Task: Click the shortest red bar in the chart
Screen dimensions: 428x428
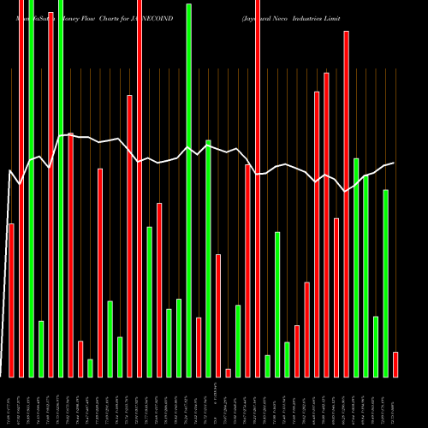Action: click(229, 372)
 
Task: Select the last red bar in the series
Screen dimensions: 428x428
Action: click(395, 364)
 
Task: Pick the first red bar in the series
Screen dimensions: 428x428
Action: click(11, 300)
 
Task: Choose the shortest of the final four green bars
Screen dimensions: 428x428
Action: click(376, 347)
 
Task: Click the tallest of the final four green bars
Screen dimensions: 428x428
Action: click(356, 267)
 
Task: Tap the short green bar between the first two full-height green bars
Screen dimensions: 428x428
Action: click(41, 348)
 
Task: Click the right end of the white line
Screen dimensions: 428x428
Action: click(394, 163)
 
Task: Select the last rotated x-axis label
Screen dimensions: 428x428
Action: click(395, 401)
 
